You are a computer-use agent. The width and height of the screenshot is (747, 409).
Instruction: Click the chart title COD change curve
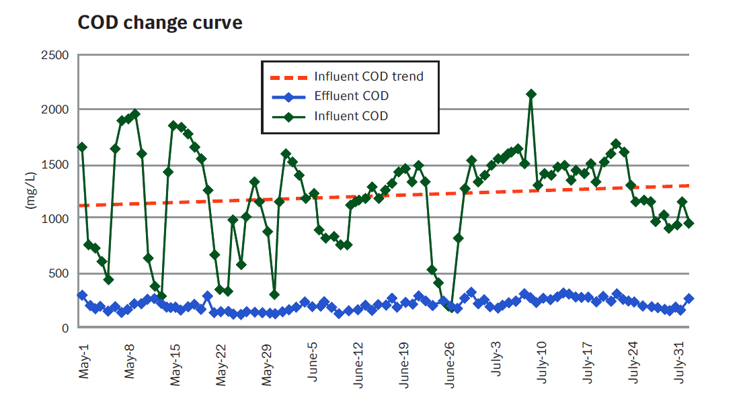[x=160, y=23]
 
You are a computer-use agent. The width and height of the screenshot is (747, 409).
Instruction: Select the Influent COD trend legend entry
[x=368, y=77]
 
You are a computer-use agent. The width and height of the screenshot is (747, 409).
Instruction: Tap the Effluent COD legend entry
[x=351, y=96]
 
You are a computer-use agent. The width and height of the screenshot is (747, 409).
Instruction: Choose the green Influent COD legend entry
[x=351, y=116]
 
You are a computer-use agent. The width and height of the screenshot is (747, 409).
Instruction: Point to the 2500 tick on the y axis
[x=56, y=55]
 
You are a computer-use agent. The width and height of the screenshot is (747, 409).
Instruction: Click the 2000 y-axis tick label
[x=56, y=109]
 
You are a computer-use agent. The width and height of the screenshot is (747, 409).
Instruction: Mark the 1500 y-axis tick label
[x=56, y=165]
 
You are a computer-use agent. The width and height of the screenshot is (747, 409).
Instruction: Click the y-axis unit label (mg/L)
[x=30, y=191]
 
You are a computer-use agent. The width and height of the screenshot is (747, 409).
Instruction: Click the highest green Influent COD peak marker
[x=531, y=94]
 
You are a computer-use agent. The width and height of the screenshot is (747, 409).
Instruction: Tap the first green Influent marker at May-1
[x=82, y=147]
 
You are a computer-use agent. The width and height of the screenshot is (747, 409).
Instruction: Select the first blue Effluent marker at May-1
[x=82, y=296]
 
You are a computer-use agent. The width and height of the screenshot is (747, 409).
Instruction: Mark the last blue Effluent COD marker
[x=689, y=299]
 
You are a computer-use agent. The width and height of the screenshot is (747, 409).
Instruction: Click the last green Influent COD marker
[x=689, y=224]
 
